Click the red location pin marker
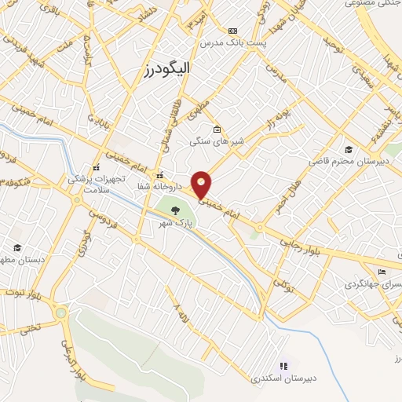click(x=202, y=184)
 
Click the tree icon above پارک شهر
click(x=174, y=210)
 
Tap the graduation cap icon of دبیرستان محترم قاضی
click(x=348, y=150)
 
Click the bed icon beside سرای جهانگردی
click(x=382, y=272)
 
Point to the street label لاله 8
click(x=182, y=310)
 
